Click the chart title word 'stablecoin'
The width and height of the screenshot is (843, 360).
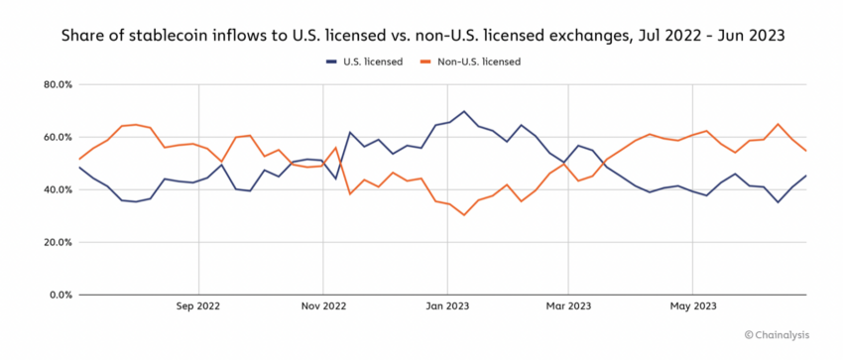click(204, 36)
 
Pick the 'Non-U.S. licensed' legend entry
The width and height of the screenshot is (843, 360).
click(479, 61)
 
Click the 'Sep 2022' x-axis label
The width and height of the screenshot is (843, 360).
click(199, 308)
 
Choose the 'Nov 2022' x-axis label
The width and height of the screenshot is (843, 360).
click(322, 308)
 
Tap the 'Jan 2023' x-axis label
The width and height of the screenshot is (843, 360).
click(446, 308)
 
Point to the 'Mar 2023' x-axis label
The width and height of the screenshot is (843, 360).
click(568, 308)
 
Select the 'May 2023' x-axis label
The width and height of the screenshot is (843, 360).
click(692, 308)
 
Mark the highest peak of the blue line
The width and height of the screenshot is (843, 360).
click(463, 111)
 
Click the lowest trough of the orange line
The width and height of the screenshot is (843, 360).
click(463, 215)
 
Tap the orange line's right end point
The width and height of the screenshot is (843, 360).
click(806, 151)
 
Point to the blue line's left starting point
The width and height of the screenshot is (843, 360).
click(78, 167)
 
